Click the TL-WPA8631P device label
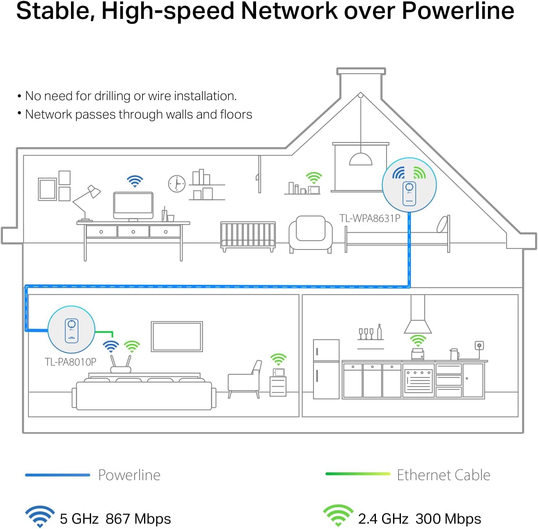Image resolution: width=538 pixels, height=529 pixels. (369, 218)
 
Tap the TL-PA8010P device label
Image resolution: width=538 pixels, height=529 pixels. (70, 362)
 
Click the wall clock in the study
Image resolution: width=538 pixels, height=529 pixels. (176, 183)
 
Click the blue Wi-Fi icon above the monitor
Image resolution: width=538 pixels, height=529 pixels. (135, 181)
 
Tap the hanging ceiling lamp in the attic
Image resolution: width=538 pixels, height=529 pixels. (360, 158)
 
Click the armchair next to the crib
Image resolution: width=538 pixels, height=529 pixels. (310, 234)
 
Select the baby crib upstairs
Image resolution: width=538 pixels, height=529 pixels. (248, 236)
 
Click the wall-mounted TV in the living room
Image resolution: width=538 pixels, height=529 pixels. (177, 337)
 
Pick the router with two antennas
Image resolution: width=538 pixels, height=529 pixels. (121, 365)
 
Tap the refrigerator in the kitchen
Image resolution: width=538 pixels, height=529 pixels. (326, 369)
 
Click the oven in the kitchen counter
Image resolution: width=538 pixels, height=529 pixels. (418, 380)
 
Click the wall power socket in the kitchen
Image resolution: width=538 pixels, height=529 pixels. (478, 346)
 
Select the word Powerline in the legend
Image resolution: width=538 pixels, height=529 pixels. (129, 475)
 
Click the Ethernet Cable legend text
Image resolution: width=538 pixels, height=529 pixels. (443, 475)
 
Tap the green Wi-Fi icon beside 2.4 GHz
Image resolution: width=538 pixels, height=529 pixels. (338, 516)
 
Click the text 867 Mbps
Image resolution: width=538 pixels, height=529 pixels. (138, 519)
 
